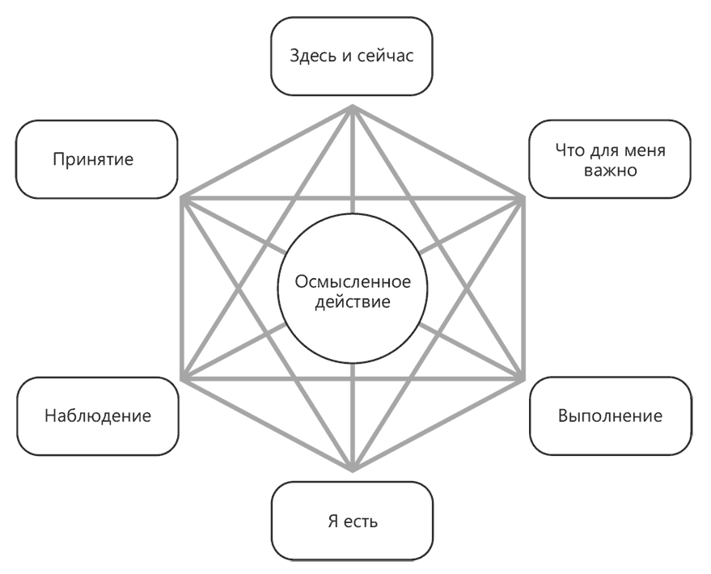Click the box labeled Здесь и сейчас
pyautogui.click(x=352, y=59)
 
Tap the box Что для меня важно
pyautogui.click(x=610, y=159)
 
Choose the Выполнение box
pyautogui.click(x=610, y=416)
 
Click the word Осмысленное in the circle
pyautogui.click(x=352, y=282)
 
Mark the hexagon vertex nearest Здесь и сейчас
pyautogui.click(x=353, y=106)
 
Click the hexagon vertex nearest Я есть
pyautogui.click(x=353, y=470)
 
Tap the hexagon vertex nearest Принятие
pyautogui.click(x=184, y=196)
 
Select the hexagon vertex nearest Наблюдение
pyautogui.click(x=184, y=378)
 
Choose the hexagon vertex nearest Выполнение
pyautogui.click(x=522, y=378)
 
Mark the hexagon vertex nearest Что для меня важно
pyautogui.click(x=522, y=196)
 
